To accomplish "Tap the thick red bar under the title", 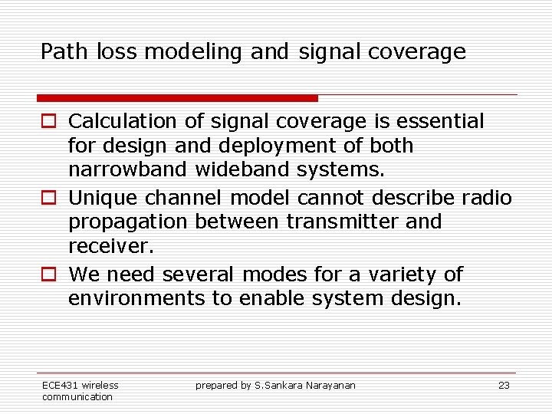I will pyautogui.click(x=177, y=98).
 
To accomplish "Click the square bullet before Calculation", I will pyautogui.click(x=48, y=122).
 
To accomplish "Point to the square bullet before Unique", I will pyautogui.click(x=48, y=199).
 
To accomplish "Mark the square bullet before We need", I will pyautogui.click(x=48, y=275).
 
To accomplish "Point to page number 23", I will pyautogui.click(x=504, y=386).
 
